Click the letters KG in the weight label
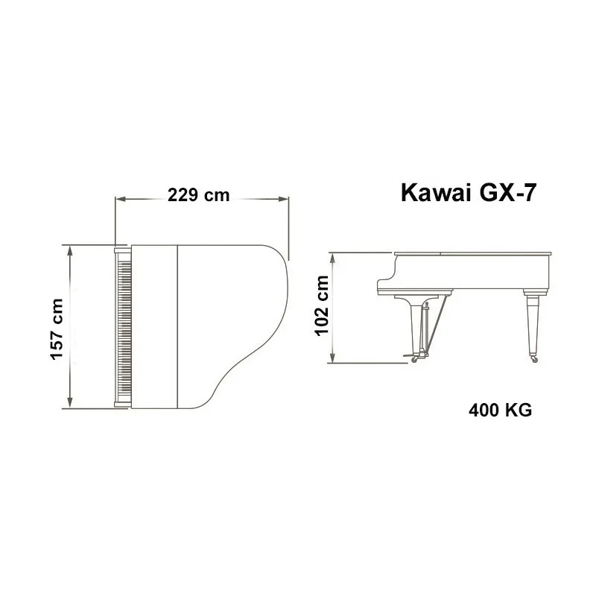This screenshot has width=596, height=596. [519, 410]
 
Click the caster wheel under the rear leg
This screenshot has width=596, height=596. [533, 361]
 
